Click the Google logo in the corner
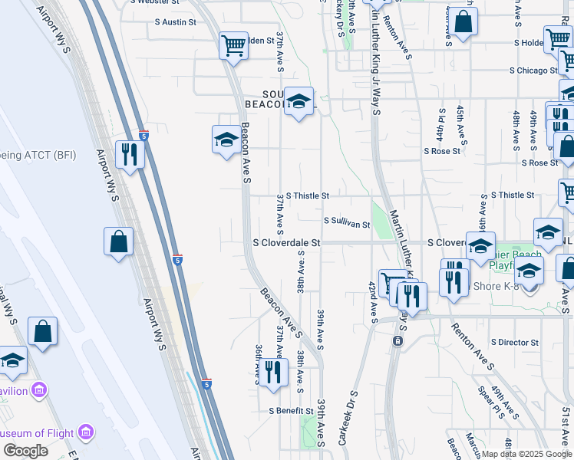tap(25, 451)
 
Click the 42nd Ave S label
tap(373, 301)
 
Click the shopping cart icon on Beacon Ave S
tap(233, 44)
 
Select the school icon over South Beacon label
tap(299, 101)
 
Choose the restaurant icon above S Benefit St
tap(273, 373)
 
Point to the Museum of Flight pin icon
tap(85, 433)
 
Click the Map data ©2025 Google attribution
tap(526, 454)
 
